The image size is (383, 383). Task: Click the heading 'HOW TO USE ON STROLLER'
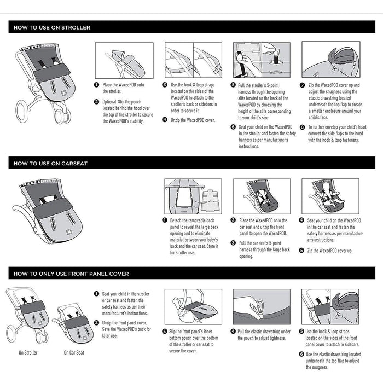coord(52,27)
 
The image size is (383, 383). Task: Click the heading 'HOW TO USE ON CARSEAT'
coord(50,163)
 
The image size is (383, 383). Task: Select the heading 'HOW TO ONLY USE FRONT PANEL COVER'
coord(71,274)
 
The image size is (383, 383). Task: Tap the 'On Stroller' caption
coord(28,352)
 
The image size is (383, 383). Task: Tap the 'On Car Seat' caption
coord(74,352)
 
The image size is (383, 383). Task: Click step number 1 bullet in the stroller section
coord(97,85)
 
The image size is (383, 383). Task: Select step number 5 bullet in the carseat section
coord(301,250)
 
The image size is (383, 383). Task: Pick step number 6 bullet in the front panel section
coord(301,354)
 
